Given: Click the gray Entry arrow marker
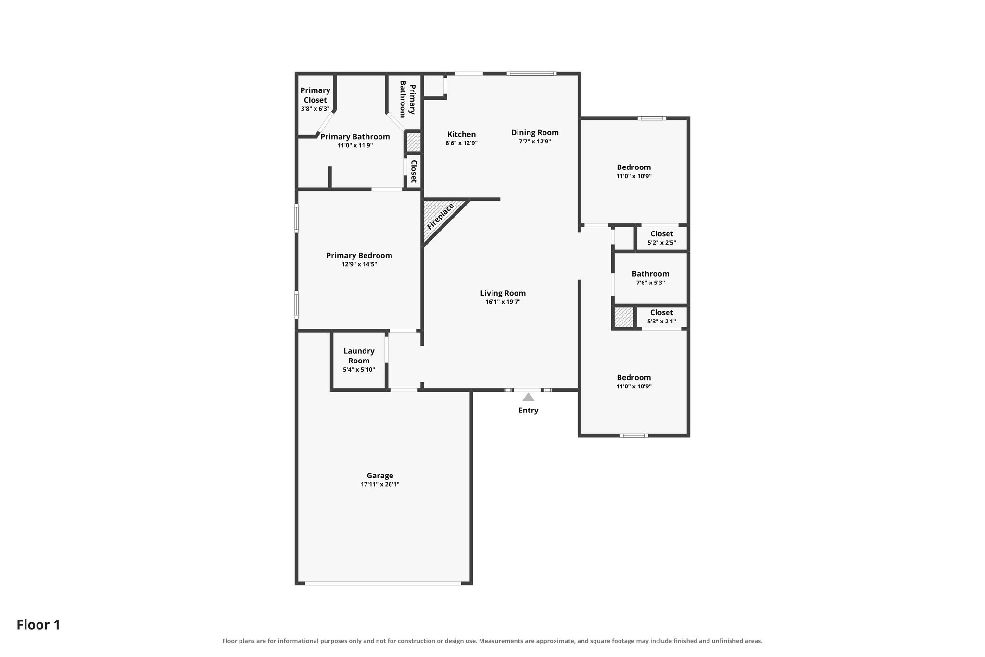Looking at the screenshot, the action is click(528, 397).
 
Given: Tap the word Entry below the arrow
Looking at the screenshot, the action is click(528, 411).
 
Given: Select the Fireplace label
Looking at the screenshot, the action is click(441, 216).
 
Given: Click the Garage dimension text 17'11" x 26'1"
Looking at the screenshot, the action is click(380, 485).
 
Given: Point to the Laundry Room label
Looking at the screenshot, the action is click(359, 356).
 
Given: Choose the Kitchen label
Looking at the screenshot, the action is click(462, 134).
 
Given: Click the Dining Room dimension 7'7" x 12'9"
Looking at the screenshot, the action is click(535, 142).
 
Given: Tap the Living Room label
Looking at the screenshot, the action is click(503, 293).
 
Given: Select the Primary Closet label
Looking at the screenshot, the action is click(316, 95).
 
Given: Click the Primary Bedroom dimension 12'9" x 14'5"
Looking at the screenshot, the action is click(359, 264).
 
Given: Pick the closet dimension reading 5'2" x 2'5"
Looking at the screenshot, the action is click(662, 243).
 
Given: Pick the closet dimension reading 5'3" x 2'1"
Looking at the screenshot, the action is click(662, 322).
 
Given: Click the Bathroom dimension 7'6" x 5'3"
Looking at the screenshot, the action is click(651, 283).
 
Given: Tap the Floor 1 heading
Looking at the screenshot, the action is click(38, 625).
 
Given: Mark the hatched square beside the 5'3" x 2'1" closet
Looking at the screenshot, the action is click(624, 317).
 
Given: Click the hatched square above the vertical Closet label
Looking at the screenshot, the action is click(414, 142).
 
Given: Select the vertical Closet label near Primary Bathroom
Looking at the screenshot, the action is click(413, 171).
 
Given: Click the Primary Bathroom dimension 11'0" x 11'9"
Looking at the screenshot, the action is click(355, 145).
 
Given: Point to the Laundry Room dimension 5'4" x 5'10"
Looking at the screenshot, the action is click(359, 370).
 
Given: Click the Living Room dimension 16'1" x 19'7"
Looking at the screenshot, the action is click(503, 302).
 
